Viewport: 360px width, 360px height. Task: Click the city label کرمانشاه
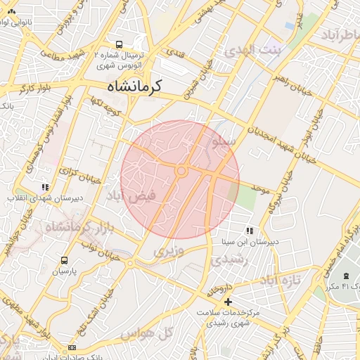134,86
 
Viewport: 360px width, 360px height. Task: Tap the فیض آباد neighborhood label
128,195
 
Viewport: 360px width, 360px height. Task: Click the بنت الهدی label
252,51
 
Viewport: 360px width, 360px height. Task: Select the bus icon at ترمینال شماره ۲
119,42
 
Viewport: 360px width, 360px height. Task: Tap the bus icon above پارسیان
65,260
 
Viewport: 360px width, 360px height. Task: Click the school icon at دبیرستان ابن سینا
250,231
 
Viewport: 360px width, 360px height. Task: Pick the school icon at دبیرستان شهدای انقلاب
45,188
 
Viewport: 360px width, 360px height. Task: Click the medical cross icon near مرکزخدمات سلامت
227,302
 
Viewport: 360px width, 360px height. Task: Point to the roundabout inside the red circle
181,171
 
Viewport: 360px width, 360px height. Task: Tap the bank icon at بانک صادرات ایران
72,348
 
